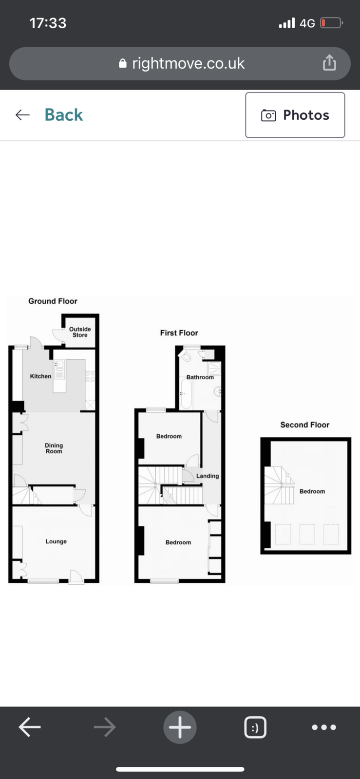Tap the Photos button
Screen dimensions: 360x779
pyautogui.click(x=295, y=115)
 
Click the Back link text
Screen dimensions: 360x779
pyautogui.click(x=64, y=115)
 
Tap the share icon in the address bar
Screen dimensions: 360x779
pyautogui.click(x=329, y=63)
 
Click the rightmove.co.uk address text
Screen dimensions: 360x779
pyautogui.click(x=188, y=63)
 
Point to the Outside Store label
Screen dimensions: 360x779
pyautogui.click(x=80, y=332)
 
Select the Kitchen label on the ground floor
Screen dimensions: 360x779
pyautogui.click(x=40, y=376)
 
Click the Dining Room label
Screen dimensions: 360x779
pyautogui.click(x=54, y=448)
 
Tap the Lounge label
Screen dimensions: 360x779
pyautogui.click(x=56, y=541)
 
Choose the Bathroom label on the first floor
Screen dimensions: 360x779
pyautogui.click(x=200, y=377)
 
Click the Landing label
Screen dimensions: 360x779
pyautogui.click(x=208, y=476)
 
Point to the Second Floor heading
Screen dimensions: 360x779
pyautogui.click(x=304, y=425)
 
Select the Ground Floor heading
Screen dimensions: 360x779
pyautogui.click(x=53, y=301)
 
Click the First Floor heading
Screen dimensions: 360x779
pyautogui.click(x=179, y=333)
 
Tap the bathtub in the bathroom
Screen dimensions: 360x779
pyautogui.click(x=186, y=394)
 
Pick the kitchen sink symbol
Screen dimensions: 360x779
pyautogui.click(x=59, y=365)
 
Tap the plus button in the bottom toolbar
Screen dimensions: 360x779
pyautogui.click(x=180, y=727)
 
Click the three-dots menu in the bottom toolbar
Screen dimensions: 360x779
pyautogui.click(x=324, y=727)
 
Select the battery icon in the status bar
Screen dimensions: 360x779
pyautogui.click(x=331, y=23)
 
